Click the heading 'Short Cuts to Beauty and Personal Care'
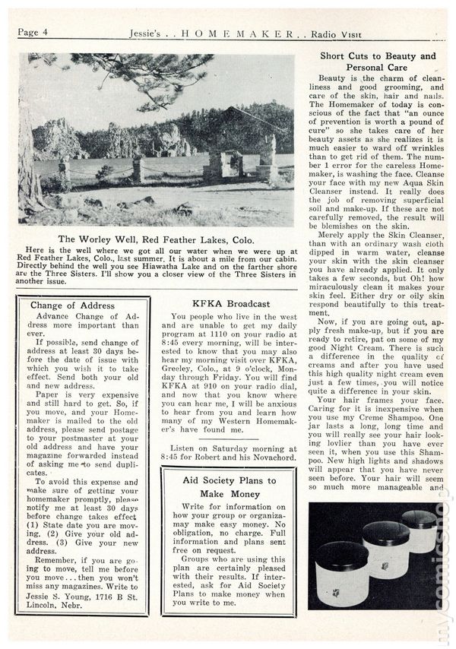pyautogui.click(x=378, y=62)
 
